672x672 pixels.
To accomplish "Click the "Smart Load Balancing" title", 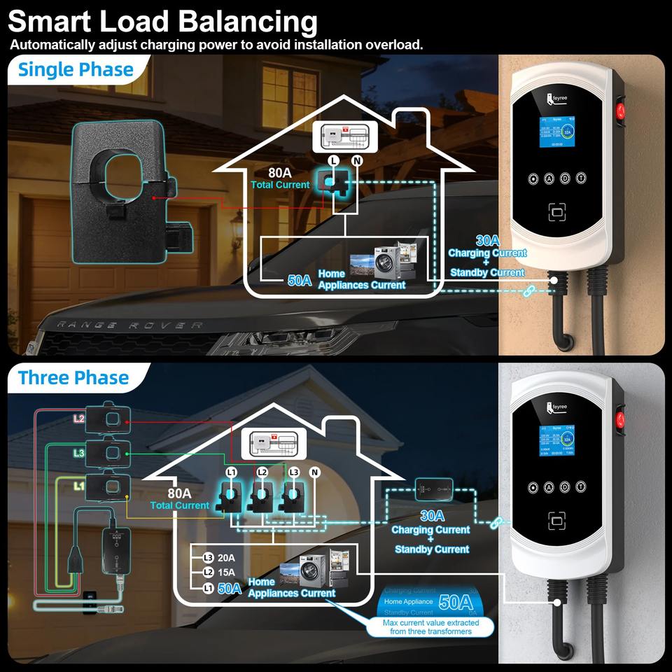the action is click(162, 21).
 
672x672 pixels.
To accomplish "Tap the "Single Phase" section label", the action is click(76, 69).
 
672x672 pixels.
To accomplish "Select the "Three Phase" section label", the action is click(73, 378).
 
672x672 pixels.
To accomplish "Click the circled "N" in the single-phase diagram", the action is click(357, 160).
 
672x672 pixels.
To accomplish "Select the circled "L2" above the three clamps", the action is click(262, 472).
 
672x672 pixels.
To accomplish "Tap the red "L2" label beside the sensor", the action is click(78, 419).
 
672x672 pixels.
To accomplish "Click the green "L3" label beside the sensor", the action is click(78, 454).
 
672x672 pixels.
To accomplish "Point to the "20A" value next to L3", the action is click(226, 558).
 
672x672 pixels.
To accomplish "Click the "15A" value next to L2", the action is click(226, 573).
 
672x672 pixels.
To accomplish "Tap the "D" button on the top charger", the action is click(564, 178).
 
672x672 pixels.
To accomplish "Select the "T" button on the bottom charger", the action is click(580, 486).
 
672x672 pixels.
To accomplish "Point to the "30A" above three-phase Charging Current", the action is click(432, 516).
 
